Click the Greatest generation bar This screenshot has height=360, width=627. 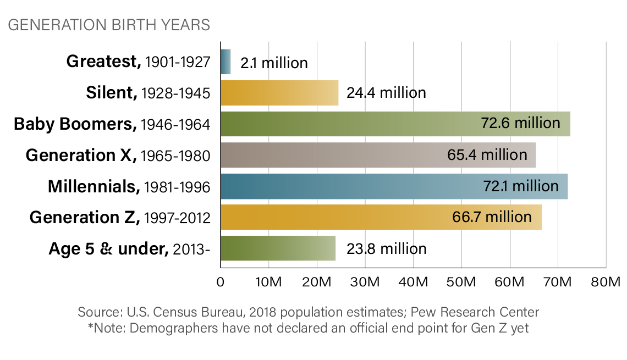pyautogui.click(x=226, y=62)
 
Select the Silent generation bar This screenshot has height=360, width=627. pyautogui.click(x=279, y=92)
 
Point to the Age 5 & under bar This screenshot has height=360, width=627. pyautogui.click(x=278, y=248)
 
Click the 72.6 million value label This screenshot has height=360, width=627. pyautogui.click(x=521, y=123)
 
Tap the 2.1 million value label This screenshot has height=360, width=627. pyautogui.click(x=274, y=63)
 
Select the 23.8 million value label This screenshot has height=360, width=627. pyautogui.click(x=386, y=249)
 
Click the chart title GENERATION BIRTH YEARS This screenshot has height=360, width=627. pyautogui.click(x=109, y=25)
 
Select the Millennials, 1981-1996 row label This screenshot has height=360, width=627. pyautogui.click(x=129, y=187)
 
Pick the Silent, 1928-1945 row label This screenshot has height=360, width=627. pyautogui.click(x=148, y=93)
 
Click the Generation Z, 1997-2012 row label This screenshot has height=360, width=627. pyautogui.click(x=120, y=218)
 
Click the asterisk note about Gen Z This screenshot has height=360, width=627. pyautogui.click(x=308, y=328)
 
